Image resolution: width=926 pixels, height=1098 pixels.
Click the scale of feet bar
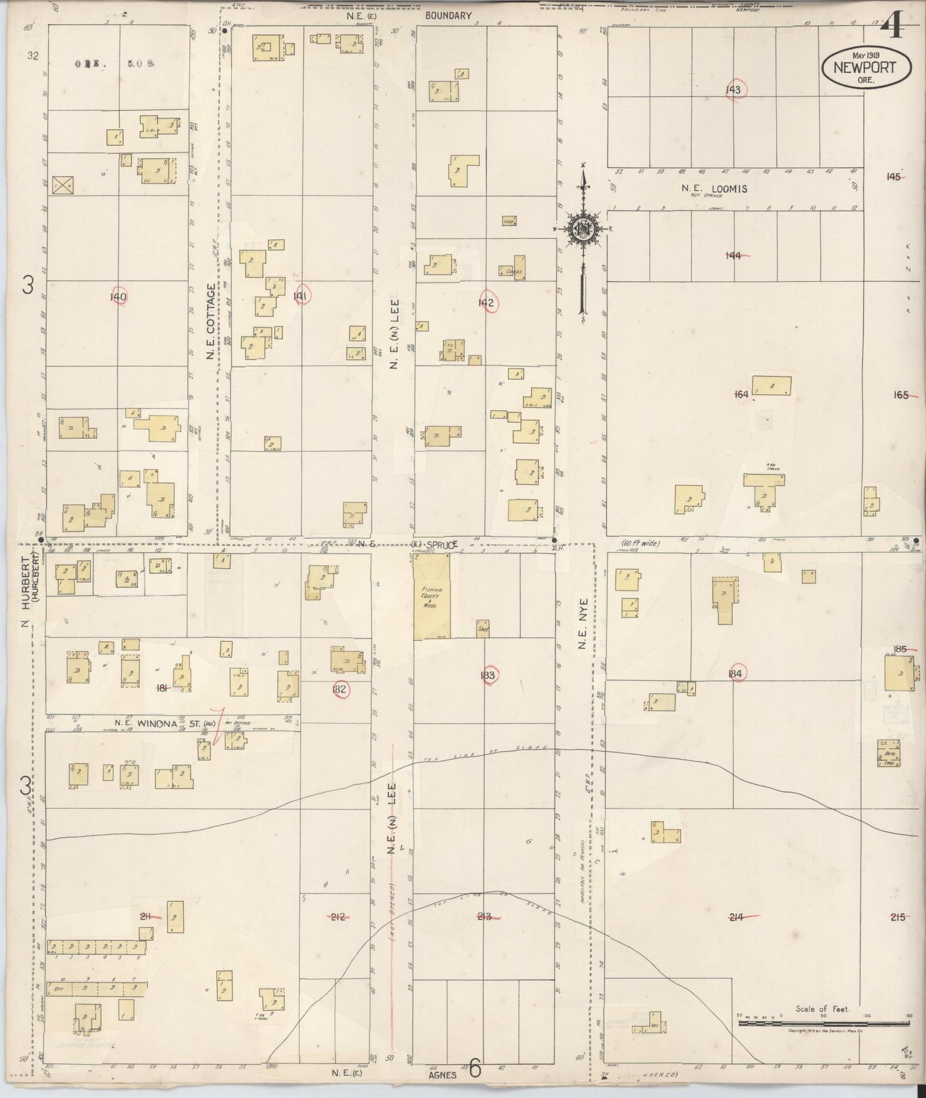823,1024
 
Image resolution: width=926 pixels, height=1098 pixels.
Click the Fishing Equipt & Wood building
431,596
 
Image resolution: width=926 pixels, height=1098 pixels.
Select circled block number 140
119,297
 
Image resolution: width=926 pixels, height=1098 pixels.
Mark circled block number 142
486,303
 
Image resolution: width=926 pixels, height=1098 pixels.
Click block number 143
733,90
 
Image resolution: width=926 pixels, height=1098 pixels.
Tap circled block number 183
488,675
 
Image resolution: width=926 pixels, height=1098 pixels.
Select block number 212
338,917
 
